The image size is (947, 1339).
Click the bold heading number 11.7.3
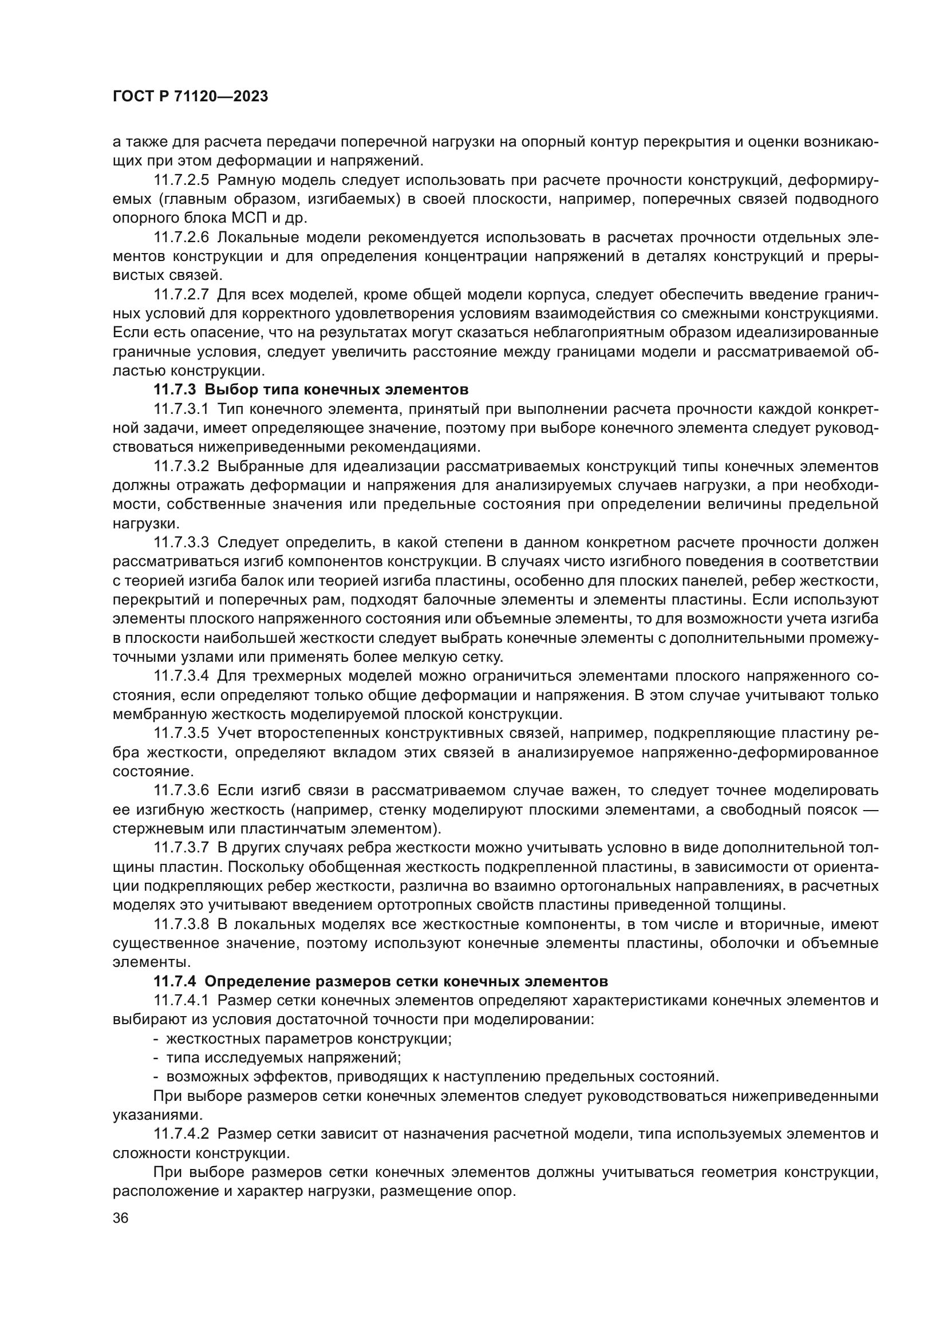(x=175, y=390)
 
